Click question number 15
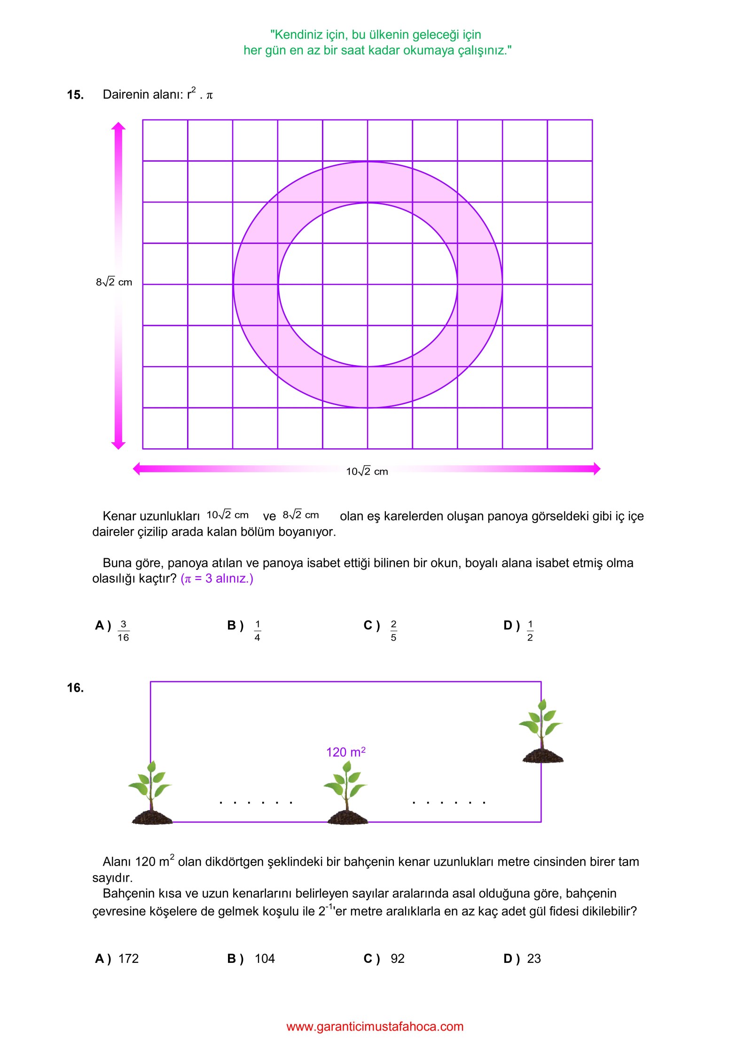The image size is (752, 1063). [x=75, y=95]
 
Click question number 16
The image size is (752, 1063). [x=75, y=688]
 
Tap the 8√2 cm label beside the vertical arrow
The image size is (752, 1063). [x=114, y=282]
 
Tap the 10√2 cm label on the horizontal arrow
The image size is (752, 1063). [x=367, y=471]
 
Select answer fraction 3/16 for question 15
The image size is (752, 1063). [x=123, y=631]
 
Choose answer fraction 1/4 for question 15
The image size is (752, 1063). [x=258, y=631]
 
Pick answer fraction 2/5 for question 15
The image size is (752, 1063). [x=394, y=631]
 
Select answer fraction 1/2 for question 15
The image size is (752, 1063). [x=530, y=631]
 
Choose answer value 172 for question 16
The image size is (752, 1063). [x=128, y=959]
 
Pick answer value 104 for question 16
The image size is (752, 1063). [x=265, y=959]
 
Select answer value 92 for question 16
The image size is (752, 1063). [x=398, y=959]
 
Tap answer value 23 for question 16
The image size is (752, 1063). [x=534, y=959]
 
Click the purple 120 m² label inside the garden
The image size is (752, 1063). [x=346, y=752]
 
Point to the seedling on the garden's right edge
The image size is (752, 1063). [x=541, y=731]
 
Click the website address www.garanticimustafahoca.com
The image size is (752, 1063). [x=375, y=1027]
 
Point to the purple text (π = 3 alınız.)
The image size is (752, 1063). [x=217, y=578]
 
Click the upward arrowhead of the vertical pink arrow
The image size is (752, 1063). [x=118, y=126]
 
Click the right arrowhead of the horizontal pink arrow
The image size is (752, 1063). [x=597, y=469]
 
